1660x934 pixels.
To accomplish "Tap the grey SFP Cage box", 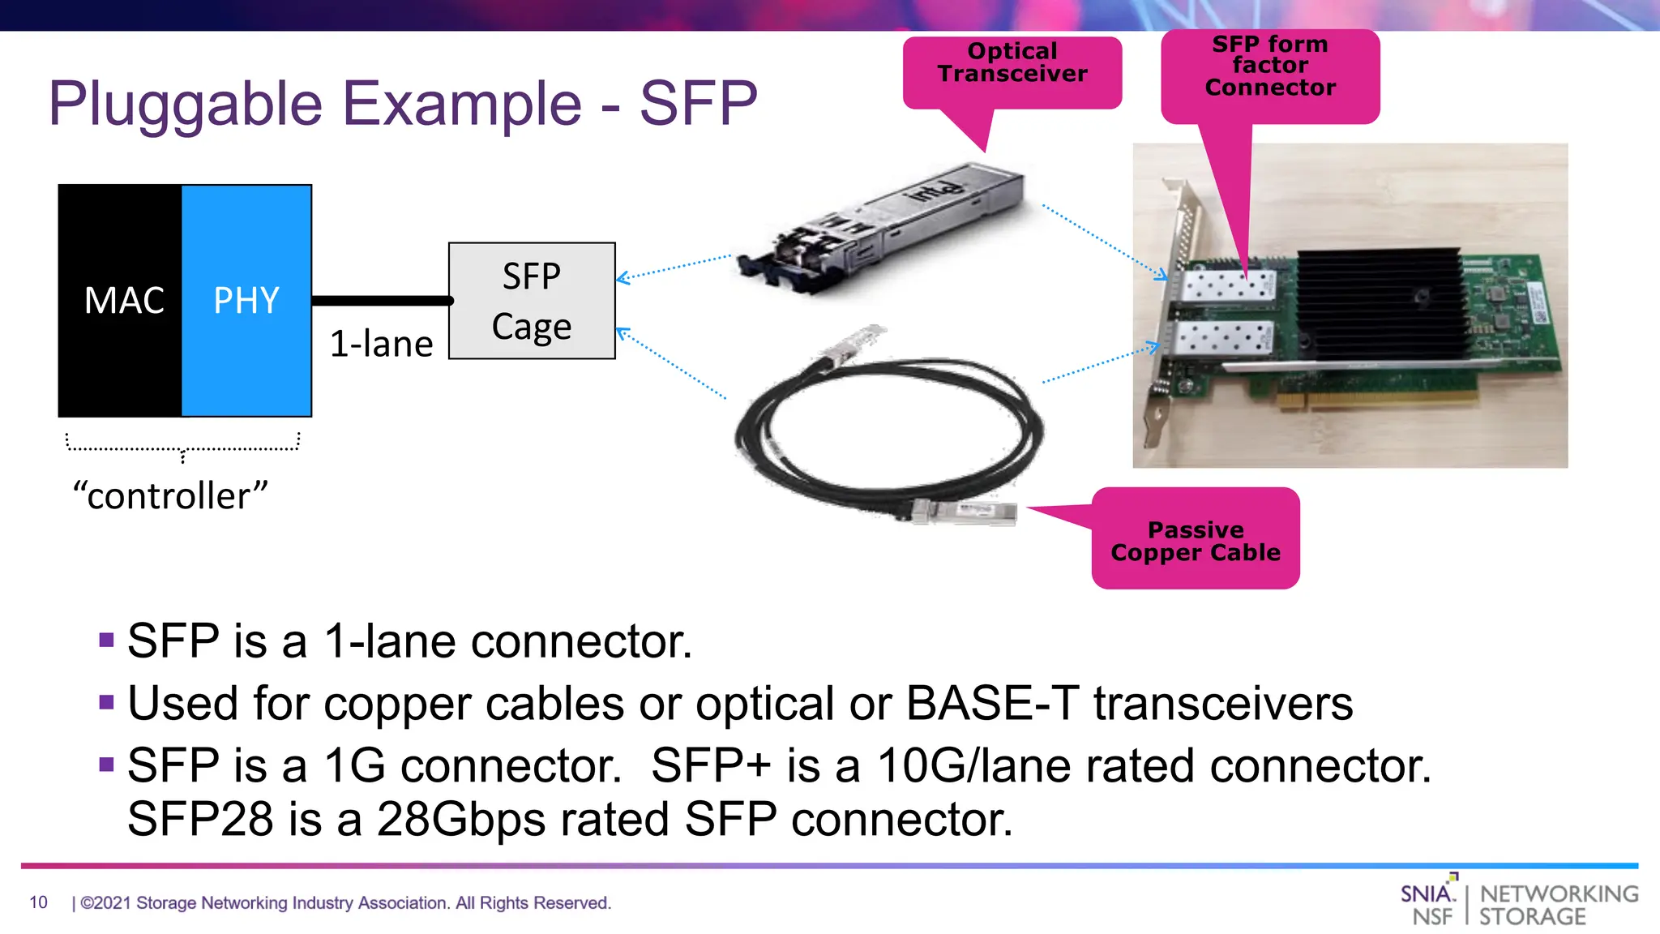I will coord(532,301).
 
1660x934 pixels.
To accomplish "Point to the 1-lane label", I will coord(381,345).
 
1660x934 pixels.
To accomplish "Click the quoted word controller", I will coord(170,496).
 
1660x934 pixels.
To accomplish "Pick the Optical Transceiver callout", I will coord(1012,63).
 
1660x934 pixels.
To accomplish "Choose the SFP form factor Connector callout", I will coord(1270,66).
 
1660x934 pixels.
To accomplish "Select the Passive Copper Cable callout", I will coord(1196,542).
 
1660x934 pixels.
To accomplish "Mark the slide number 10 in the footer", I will coord(38,902).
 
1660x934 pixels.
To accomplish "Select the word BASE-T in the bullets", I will coord(993,703).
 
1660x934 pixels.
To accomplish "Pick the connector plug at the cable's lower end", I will coord(965,512).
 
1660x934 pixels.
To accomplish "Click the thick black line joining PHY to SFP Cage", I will coord(381,301).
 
